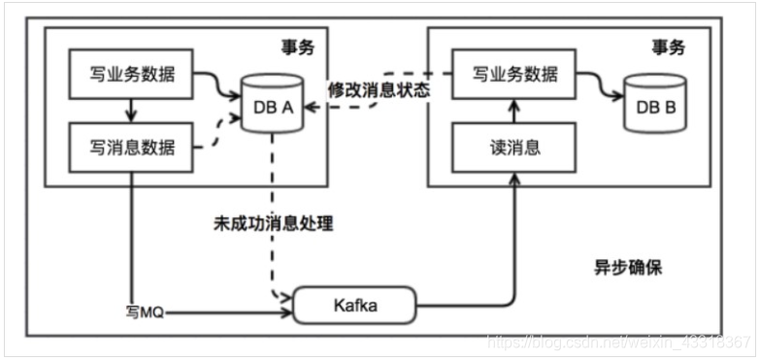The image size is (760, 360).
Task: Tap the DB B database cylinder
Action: (655, 104)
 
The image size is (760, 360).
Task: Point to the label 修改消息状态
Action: (379, 89)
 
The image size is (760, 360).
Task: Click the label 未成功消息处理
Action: (273, 222)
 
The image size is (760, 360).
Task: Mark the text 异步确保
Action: (628, 268)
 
